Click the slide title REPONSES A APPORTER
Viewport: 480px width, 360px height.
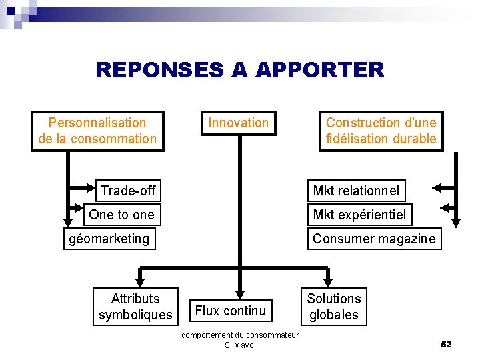239,70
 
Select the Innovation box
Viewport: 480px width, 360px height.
238,123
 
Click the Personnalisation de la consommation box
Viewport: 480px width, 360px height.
97,131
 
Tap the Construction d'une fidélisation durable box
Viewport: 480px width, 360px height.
381,131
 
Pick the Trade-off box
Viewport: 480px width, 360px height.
127,191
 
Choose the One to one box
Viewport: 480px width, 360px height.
121,215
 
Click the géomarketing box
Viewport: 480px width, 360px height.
109,239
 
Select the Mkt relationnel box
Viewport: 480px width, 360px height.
356,191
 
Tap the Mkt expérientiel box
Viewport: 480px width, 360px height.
359,215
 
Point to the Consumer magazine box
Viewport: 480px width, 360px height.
373,239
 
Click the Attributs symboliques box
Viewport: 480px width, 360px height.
135,307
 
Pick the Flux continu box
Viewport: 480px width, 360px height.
231,311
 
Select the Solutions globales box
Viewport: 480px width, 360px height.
334,307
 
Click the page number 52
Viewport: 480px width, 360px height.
446,344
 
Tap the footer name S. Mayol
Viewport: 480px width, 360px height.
240,345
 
